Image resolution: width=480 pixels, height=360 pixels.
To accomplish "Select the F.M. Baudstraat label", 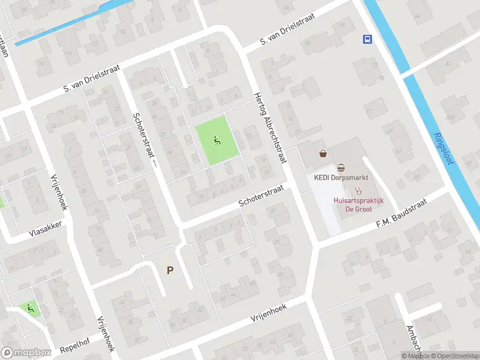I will click(400, 214).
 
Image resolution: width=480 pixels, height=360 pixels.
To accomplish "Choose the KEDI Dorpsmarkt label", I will click(341, 178).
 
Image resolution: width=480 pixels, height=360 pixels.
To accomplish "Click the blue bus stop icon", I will click(367, 40).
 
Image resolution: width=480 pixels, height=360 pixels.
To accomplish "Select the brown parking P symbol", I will click(170, 270).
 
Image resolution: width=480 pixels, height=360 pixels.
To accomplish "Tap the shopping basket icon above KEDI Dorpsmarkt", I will click(341, 167).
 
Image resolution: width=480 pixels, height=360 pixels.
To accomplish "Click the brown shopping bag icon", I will click(324, 154).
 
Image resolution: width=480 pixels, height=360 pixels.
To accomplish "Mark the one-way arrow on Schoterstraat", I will click(154, 162).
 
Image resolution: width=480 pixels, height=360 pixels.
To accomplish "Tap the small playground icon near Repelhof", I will click(29, 309).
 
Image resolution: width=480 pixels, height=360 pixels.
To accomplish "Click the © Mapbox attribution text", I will click(416, 356).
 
